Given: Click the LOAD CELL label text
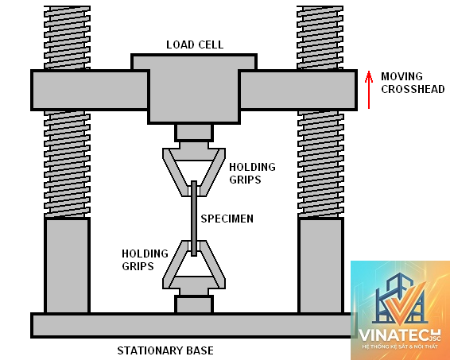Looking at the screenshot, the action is coord(195,45).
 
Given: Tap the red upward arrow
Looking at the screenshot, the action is coord(369,90).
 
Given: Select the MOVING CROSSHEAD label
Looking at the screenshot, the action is coord(413,83).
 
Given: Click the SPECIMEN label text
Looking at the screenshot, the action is coord(227,219).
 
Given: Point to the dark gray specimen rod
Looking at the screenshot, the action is coord(194,219).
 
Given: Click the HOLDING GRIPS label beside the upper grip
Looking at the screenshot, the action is coord(252,173).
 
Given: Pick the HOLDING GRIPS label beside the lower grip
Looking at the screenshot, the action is coord(145,260).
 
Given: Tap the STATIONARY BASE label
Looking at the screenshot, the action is coord(165,350).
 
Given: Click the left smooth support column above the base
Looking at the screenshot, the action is coord(67,265).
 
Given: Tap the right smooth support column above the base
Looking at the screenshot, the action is coord(320,265).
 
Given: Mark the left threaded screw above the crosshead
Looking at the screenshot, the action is coord(67,37).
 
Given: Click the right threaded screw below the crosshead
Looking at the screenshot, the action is coord(320,164).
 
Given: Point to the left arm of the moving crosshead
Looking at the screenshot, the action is coord(90,90).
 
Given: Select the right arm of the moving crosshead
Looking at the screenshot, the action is coord(298,90).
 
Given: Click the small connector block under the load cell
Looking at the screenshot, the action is coord(194,133).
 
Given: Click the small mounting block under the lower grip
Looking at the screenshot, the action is coord(194,304).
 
